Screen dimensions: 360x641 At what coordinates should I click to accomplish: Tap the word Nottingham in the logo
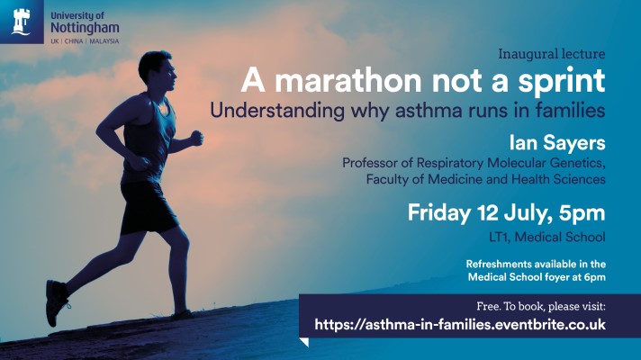click(86, 30)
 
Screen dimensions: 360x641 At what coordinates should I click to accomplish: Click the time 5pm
click(582, 214)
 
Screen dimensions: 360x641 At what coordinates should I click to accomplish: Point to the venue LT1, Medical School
click(550, 237)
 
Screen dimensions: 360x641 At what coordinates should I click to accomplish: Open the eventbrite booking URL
click(459, 324)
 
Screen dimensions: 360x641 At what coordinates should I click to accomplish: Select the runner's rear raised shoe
click(56, 301)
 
